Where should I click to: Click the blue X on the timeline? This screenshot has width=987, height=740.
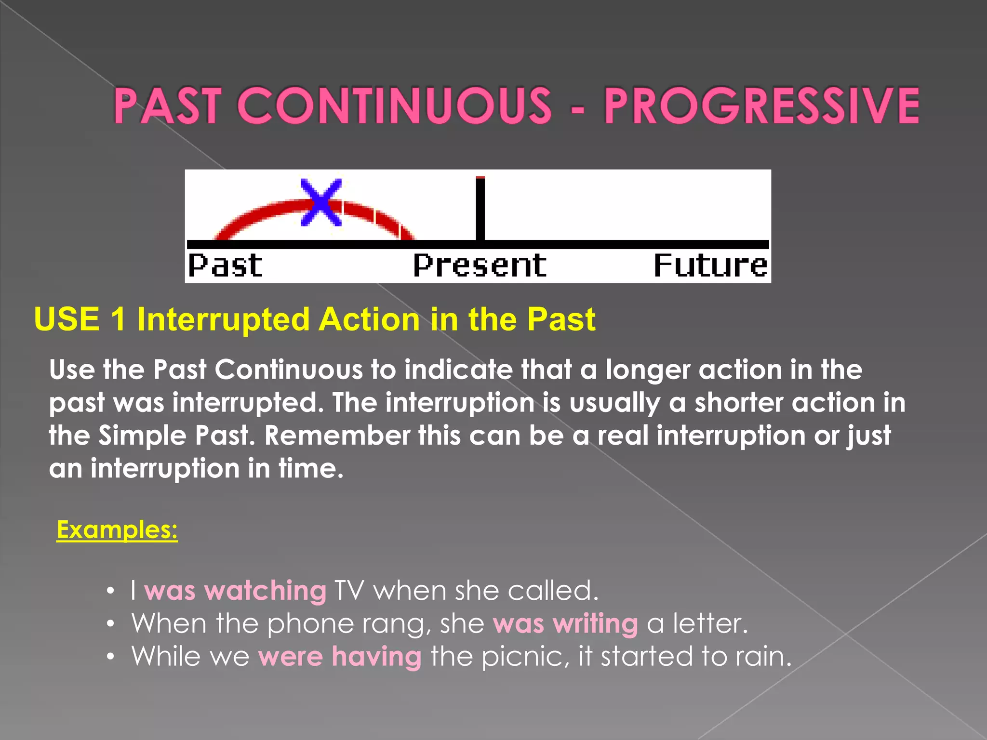[321, 203]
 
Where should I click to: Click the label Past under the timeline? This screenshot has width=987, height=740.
[225, 265]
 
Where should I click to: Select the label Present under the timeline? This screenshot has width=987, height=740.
[480, 265]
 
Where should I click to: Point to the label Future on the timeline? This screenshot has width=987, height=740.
[710, 265]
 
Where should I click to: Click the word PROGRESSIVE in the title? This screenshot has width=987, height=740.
[761, 106]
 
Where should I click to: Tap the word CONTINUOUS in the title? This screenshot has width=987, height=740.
[394, 106]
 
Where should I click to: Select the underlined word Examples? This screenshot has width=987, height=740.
[117, 529]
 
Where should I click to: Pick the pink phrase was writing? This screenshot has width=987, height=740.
[565, 623]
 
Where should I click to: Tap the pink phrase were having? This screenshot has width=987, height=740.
[340, 656]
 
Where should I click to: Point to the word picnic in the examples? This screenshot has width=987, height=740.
[522, 657]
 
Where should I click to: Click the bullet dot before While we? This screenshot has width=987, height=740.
[111, 657]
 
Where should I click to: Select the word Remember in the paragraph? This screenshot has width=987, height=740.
[337, 436]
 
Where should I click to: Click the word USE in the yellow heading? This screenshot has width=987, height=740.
[67, 319]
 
